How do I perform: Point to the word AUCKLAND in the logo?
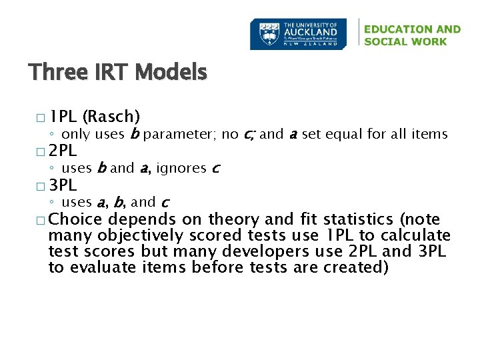311,31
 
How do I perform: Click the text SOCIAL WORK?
405,41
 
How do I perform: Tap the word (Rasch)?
111,117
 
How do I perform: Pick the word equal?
343,135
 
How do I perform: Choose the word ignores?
181,169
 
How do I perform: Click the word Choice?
75,219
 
